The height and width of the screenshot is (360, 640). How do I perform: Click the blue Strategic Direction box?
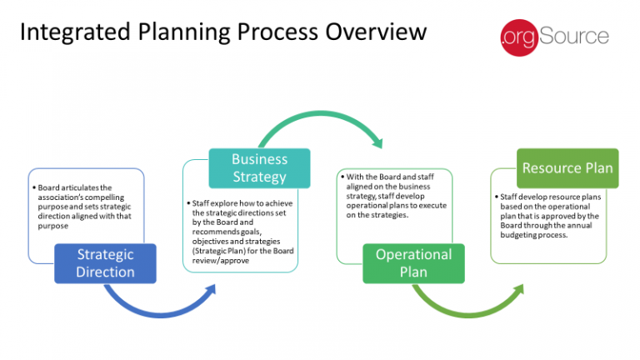(105, 262)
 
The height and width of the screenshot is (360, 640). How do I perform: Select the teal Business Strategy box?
(259, 167)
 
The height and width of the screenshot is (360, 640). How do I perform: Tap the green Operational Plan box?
(412, 262)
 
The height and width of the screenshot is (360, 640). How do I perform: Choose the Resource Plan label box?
(567, 167)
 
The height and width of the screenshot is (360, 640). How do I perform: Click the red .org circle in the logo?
(517, 37)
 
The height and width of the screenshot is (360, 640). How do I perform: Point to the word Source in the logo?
(575, 37)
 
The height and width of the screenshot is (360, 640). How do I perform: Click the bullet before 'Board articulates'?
(34, 187)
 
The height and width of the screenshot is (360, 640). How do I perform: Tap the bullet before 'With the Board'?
(342, 177)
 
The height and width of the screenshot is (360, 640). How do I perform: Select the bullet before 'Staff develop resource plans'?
(497, 197)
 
